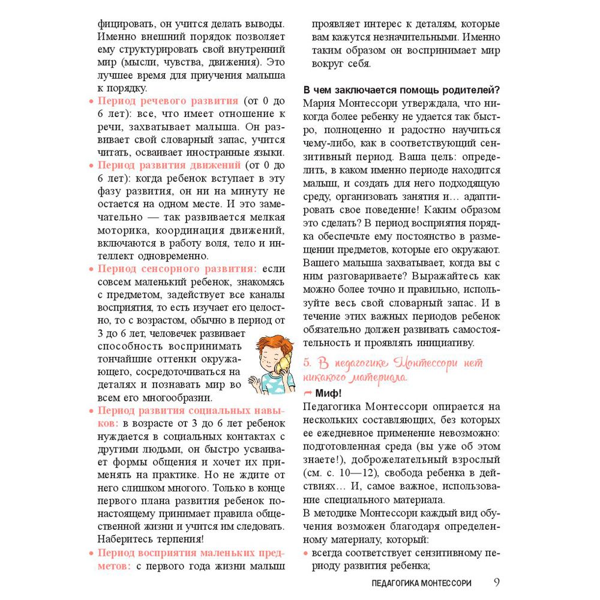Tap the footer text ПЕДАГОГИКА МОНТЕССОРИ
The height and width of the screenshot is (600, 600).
pos(421,583)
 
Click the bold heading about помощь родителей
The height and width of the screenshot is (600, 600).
pos(402,91)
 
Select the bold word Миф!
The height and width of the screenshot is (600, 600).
pos(328,394)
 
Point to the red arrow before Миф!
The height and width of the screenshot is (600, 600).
pos(308,394)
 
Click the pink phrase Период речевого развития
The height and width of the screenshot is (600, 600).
pos(168,101)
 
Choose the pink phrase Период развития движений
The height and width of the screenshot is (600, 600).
pos(169,165)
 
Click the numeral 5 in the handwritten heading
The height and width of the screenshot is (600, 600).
pos(307,363)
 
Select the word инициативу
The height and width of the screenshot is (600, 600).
pos(443,343)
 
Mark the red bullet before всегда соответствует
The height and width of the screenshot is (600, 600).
pos(307,552)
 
